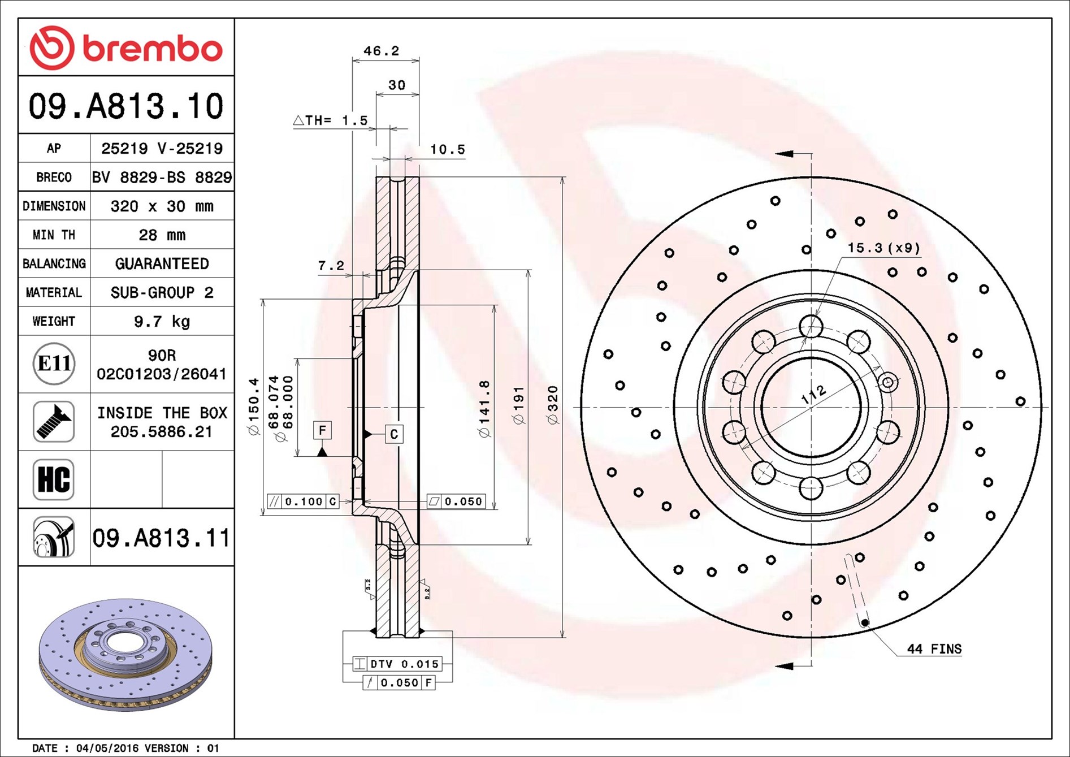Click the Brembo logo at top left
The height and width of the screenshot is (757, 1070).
[x=125, y=48]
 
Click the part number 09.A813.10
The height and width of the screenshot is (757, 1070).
[x=126, y=106]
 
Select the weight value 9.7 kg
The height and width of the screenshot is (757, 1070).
[x=162, y=322]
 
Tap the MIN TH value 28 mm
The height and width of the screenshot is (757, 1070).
[x=162, y=235]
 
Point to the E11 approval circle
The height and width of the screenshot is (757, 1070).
[x=54, y=364]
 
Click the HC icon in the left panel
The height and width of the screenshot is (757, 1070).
[x=54, y=479]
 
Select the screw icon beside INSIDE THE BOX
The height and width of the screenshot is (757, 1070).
[x=54, y=422]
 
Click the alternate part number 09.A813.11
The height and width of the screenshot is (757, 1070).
[x=161, y=538]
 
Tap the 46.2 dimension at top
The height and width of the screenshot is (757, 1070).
[x=381, y=51]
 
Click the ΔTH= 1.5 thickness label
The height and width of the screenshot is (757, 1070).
[x=331, y=120]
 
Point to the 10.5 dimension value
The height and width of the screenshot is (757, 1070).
[x=447, y=150]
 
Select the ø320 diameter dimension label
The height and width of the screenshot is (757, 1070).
[x=553, y=405]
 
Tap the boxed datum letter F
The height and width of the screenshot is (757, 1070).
[x=322, y=430]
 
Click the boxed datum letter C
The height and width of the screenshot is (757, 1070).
[x=394, y=434]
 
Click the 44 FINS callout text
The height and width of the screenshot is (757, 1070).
[x=934, y=649]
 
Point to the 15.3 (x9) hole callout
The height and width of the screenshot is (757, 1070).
[x=883, y=248]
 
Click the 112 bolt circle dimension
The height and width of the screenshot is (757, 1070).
[x=814, y=395]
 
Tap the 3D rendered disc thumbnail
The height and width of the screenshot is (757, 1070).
[x=125, y=653]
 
